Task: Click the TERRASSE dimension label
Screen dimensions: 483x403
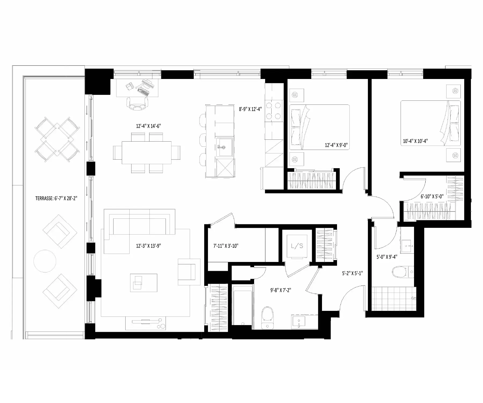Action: coord(56,199)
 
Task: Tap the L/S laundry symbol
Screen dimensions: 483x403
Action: coord(297,246)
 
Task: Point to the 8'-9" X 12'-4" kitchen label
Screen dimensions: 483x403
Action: coord(250,109)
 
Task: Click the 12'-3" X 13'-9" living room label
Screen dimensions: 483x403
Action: coord(148,246)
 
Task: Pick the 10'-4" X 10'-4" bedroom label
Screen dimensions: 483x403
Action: coord(415,141)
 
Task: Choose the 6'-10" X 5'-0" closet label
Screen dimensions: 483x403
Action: coord(432,196)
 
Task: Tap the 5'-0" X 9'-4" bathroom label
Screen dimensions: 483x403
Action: coord(387,257)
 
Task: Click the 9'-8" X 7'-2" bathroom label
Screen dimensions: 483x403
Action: coord(281,290)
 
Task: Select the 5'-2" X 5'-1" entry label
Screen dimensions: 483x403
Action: coord(352,273)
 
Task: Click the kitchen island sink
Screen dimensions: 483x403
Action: coord(225,147)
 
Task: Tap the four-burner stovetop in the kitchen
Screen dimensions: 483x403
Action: coord(274,111)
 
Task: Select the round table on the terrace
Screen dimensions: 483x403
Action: coord(45,261)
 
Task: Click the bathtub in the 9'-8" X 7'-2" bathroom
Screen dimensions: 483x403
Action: coord(243,305)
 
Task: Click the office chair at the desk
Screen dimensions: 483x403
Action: coord(137,104)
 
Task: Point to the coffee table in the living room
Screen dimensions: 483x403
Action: coord(144,283)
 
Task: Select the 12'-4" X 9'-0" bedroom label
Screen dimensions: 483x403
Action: coord(336,145)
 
